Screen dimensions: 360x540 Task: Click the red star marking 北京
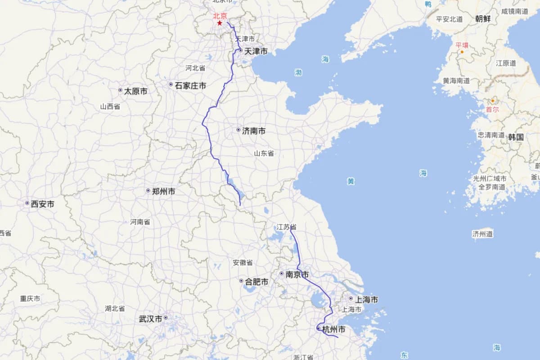tap(220, 22)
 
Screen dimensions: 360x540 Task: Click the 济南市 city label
tap(253, 131)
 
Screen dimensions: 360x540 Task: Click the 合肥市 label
tap(256, 282)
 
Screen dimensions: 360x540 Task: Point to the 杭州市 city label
tap(333, 330)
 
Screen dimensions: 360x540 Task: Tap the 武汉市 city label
tap(151, 319)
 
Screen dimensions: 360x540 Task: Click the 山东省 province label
tap(264, 153)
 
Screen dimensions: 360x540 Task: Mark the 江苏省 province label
tap(287, 227)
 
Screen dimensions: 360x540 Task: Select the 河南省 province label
tap(140, 222)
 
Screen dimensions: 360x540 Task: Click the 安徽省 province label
tap(243, 263)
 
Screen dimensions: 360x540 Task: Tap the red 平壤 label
tap(462, 45)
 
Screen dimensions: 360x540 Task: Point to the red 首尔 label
tap(492, 109)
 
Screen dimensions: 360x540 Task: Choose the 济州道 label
tap(482, 234)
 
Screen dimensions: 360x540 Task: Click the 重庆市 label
tap(30, 299)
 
